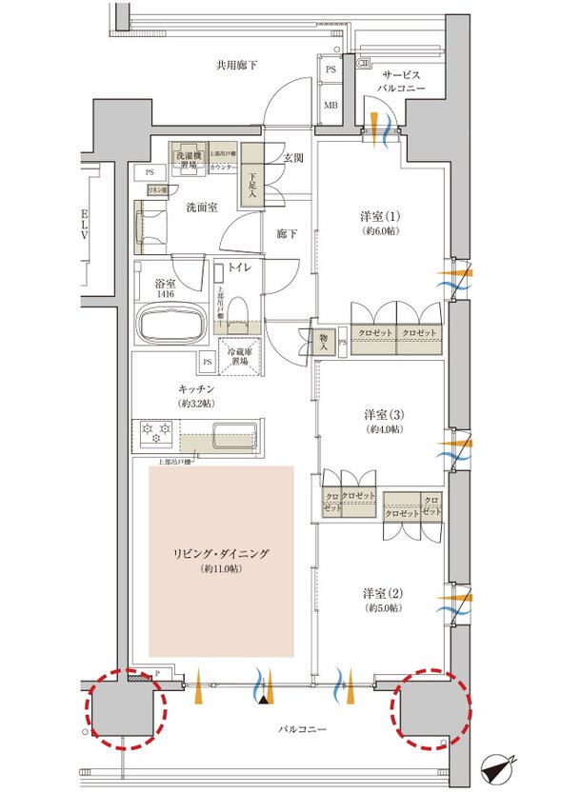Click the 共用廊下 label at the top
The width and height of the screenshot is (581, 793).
click(x=236, y=65)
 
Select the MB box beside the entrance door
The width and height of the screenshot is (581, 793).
click(x=331, y=105)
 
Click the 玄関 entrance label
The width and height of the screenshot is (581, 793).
click(x=292, y=158)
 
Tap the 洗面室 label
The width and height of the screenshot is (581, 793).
click(x=177, y=205)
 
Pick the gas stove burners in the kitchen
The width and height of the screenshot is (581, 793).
click(x=154, y=433)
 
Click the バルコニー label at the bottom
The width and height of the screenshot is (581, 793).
click(x=302, y=729)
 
